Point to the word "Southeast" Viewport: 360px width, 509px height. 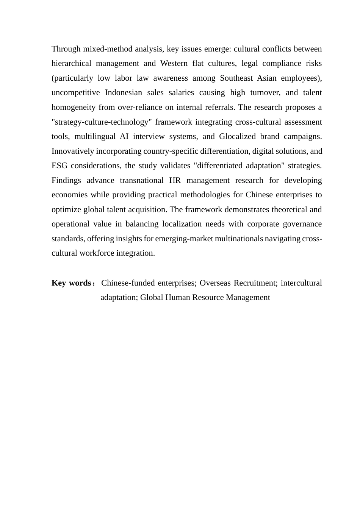click(235, 78)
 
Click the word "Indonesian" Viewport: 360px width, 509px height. click(124, 92)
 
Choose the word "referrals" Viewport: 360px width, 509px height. click(216, 107)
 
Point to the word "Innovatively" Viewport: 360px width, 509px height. click(73, 151)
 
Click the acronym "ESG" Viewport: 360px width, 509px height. click(59, 166)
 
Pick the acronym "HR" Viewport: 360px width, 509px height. click(175, 180)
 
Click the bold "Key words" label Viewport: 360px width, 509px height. click(71, 283)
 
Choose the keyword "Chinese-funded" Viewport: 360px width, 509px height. click(128, 283)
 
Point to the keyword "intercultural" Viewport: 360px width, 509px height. click(301, 283)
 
